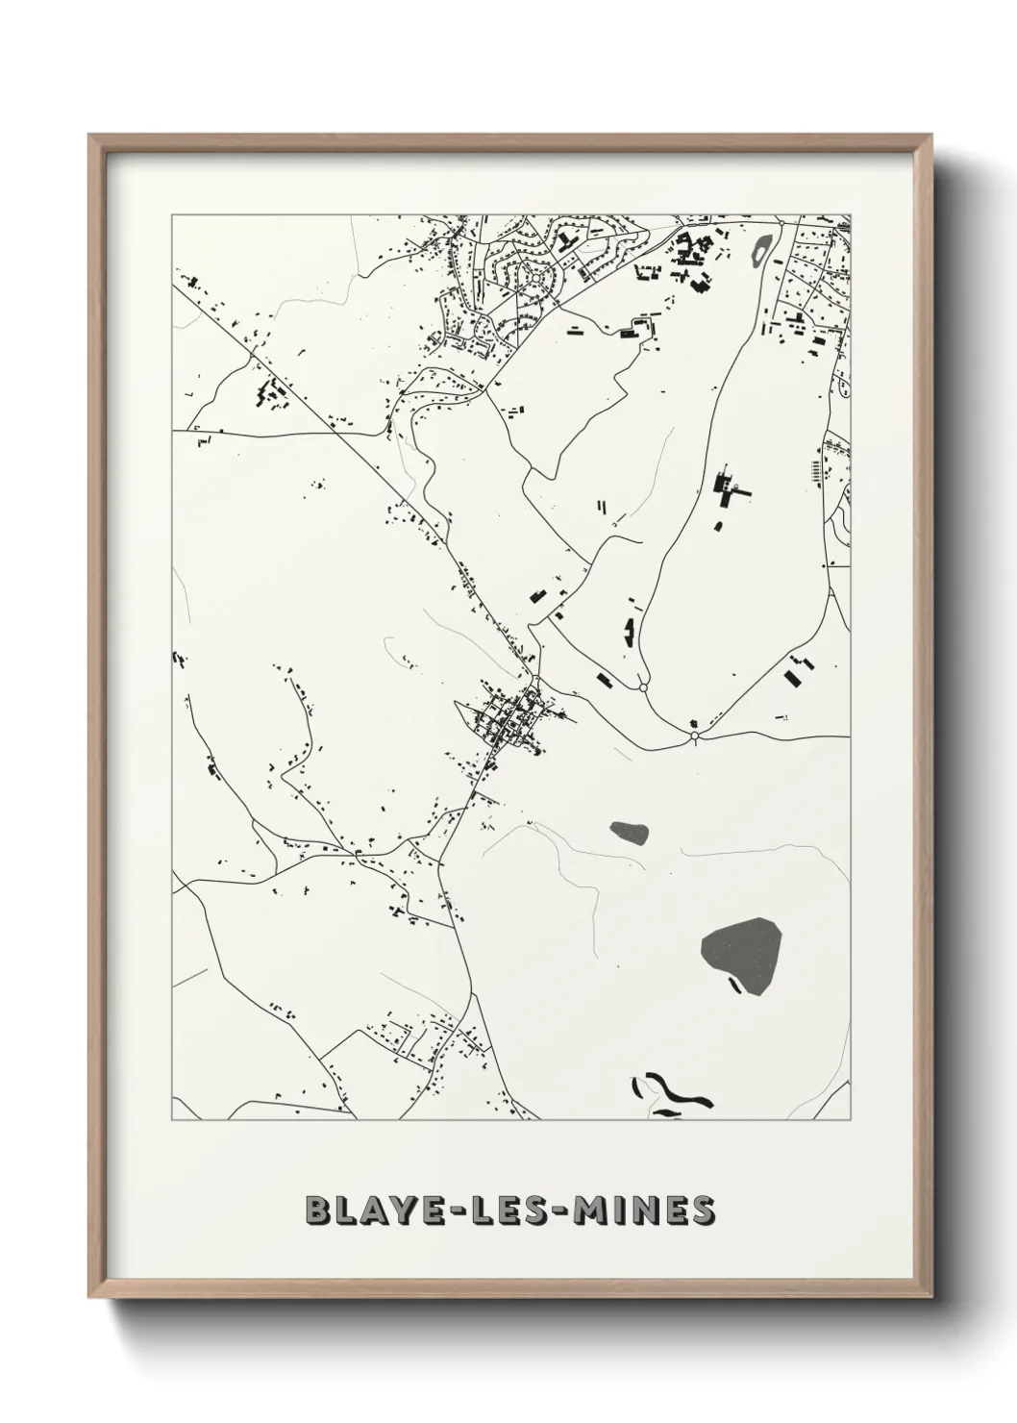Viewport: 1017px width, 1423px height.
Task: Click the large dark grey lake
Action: pos(741,951)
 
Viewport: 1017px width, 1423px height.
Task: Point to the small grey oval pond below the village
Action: pos(630,833)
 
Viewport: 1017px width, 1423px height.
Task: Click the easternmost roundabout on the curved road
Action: pos(694,736)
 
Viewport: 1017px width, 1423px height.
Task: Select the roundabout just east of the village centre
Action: pos(641,687)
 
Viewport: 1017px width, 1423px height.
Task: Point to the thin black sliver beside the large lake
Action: pos(735,985)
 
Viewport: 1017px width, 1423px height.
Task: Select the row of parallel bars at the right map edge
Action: pos(816,470)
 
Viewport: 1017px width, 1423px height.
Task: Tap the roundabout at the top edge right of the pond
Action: pos(782,222)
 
